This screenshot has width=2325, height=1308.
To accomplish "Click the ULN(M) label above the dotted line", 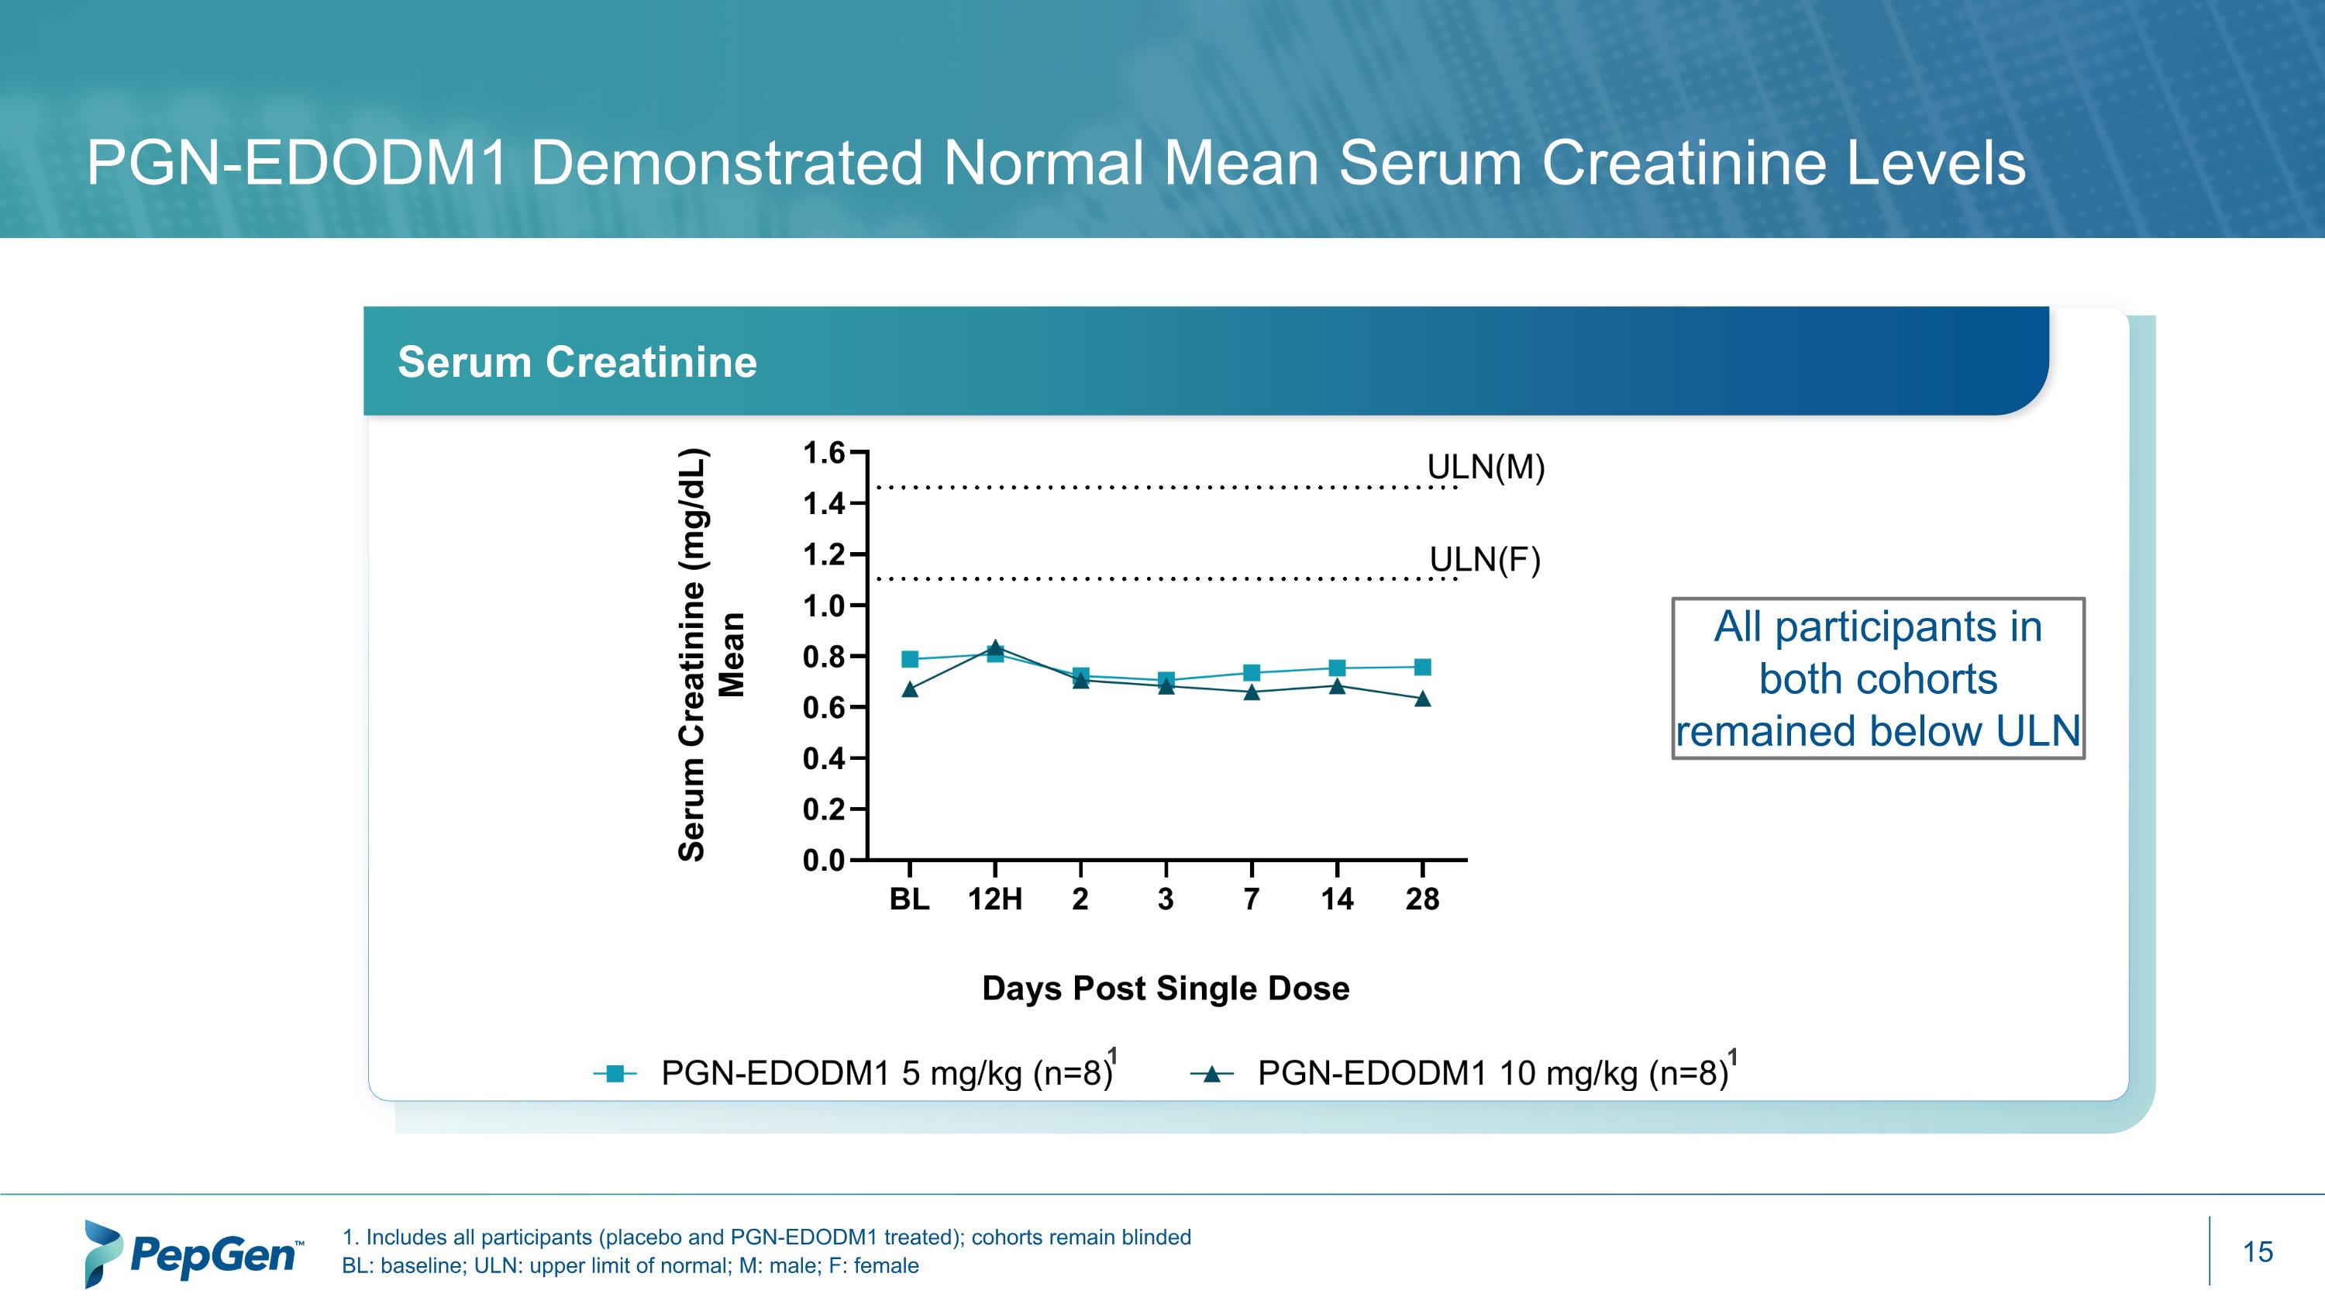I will tap(1486, 468).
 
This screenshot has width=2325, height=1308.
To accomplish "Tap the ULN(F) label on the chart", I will tap(1485, 561).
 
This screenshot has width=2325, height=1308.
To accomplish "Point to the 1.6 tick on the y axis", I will tap(823, 452).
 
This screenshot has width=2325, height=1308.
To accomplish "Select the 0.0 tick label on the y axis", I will tap(823, 861).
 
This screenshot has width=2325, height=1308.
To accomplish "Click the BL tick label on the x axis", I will tap(909, 899).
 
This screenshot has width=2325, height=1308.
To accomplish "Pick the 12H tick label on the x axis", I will tap(994, 899).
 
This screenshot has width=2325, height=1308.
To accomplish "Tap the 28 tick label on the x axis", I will tap(1421, 899).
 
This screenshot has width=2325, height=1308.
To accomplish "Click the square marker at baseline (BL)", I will tap(910, 659).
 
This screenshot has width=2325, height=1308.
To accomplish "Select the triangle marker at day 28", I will tap(1422, 699).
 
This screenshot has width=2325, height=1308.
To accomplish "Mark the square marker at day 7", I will tap(1252, 672).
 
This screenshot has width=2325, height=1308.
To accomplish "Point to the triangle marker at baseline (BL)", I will tap(910, 689).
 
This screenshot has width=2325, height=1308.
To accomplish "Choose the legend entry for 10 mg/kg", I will tap(1462, 1073).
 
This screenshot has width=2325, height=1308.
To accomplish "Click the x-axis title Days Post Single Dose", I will tap(1165, 989).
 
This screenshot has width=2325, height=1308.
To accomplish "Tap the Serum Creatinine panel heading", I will tap(577, 362).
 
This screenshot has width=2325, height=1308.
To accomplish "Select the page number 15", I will tap(2258, 1252).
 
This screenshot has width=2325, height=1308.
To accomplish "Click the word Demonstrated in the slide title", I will tap(727, 164).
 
